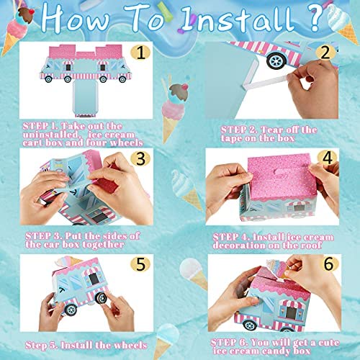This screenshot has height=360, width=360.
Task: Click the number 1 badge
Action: point(140,53)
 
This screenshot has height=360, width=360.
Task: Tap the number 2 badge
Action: point(325,53)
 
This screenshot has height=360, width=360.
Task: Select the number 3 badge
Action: point(140,158)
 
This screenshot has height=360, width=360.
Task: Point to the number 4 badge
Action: point(327,158)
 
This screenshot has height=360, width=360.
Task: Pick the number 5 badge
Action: point(140,264)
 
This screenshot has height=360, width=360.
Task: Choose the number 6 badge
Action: point(328,264)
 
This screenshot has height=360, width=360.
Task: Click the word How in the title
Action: point(76,18)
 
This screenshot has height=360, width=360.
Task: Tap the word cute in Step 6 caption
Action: point(329,343)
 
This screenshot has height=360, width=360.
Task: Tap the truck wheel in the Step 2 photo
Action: point(276,60)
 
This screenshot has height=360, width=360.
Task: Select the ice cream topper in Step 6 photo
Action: point(276,269)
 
